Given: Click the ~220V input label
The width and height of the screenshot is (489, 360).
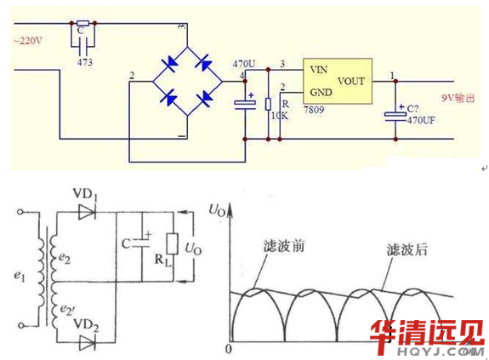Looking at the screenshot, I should (x=27, y=41).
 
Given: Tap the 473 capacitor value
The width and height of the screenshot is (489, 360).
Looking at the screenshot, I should (x=85, y=63).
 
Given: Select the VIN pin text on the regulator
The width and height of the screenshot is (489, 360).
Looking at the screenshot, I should (x=319, y=67).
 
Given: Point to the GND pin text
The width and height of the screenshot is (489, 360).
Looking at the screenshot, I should (x=321, y=92).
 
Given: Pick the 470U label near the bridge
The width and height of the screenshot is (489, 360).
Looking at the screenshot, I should (x=245, y=64).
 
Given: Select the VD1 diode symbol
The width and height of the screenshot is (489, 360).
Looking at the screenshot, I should (x=86, y=214).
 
